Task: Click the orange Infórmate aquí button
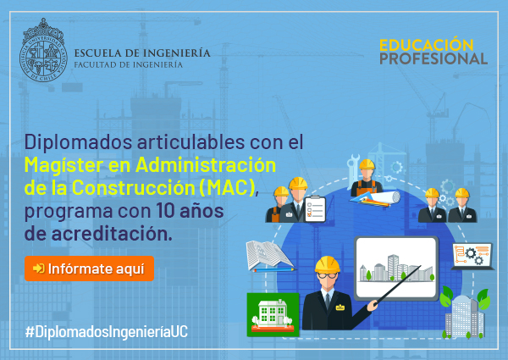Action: (89, 269)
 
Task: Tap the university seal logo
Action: (43, 50)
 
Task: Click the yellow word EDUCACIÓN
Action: (426, 45)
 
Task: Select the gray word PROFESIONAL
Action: (433, 58)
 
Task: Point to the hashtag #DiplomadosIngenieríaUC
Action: (107, 332)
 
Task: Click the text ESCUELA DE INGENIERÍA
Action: (142, 53)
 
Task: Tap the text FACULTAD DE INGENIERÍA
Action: (129, 65)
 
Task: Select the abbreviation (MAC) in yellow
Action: (228, 187)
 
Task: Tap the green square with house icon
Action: (273, 314)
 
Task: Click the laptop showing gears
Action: (473, 257)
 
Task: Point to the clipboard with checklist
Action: (315, 209)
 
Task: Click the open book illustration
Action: (269, 255)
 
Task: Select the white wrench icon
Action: (352, 169)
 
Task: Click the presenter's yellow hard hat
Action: (327, 264)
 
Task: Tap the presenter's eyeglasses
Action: (327, 276)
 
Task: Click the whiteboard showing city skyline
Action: (396, 269)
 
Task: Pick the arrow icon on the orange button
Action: (39, 269)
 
